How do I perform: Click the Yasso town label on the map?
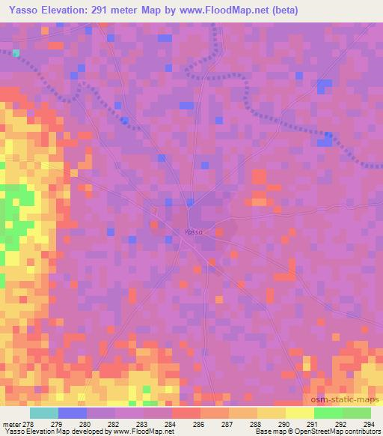[192, 232]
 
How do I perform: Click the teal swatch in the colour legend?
[44, 412]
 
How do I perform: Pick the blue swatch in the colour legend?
[73, 412]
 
